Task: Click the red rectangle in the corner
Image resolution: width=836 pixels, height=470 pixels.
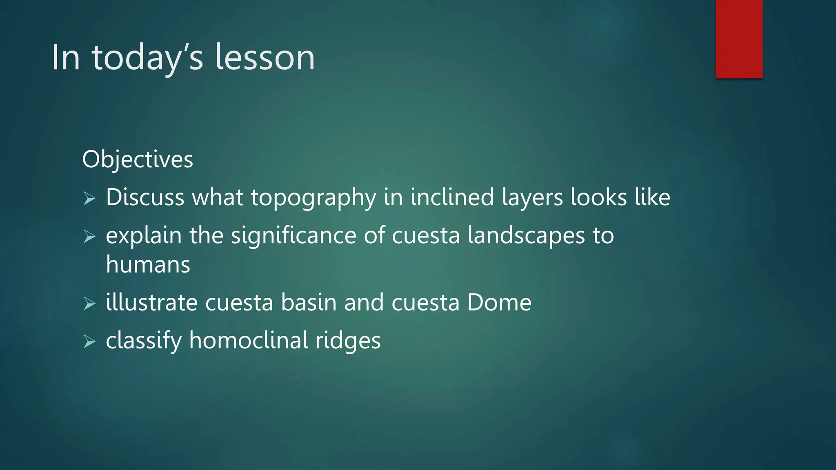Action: pos(739,39)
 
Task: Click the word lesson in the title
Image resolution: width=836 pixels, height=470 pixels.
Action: pos(265,58)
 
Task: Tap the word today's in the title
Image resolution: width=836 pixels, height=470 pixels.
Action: pos(147,58)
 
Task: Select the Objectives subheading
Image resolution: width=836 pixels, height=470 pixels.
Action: pos(138,159)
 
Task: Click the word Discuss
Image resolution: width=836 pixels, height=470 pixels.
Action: pos(145,197)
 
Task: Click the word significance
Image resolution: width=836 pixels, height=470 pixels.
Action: pos(293,236)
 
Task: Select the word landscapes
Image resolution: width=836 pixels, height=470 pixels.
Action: pos(526,236)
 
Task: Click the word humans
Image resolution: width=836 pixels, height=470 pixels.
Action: pos(148,264)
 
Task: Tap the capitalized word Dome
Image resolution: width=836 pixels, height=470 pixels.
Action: pos(499,303)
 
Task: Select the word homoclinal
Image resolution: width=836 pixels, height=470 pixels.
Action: pos(249,341)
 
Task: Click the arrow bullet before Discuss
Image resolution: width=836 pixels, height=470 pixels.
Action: pos(89,198)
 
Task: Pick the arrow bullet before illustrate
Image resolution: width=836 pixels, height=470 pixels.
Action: pos(89,303)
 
